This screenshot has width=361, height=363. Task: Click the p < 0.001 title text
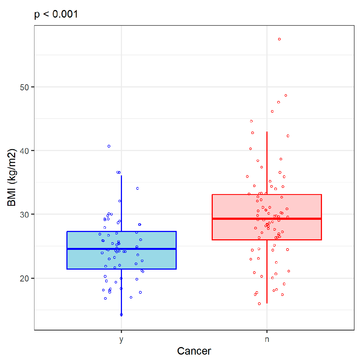(56, 14)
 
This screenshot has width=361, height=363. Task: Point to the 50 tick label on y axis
(24, 87)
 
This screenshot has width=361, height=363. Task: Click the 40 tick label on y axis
(24, 151)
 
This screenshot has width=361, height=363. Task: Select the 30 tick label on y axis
(24, 215)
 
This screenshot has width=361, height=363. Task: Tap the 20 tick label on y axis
(24, 279)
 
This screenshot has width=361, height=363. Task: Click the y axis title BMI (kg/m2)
(12, 178)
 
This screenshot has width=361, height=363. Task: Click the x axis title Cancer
(194, 351)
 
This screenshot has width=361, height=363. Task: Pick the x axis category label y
(121, 339)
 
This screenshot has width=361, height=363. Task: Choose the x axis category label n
(267, 339)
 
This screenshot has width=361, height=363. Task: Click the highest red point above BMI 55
(279, 39)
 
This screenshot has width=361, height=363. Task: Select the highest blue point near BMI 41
(109, 146)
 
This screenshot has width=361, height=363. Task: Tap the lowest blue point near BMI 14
(121, 315)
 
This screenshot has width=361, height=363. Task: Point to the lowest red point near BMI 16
(259, 304)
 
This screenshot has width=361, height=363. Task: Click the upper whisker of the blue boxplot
(121, 203)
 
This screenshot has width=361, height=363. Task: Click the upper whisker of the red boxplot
(267, 162)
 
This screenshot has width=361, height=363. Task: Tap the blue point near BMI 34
(137, 188)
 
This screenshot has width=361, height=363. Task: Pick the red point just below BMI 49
(286, 96)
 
